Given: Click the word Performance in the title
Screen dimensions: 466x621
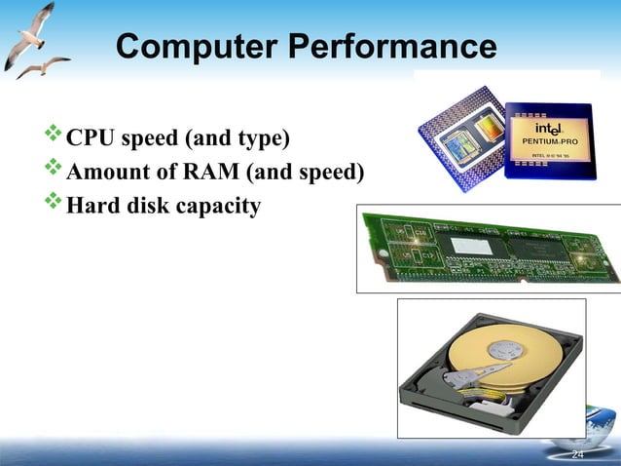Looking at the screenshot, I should point(388,47).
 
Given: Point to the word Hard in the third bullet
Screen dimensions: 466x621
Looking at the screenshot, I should point(90,207).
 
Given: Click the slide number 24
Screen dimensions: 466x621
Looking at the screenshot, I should point(577,455).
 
